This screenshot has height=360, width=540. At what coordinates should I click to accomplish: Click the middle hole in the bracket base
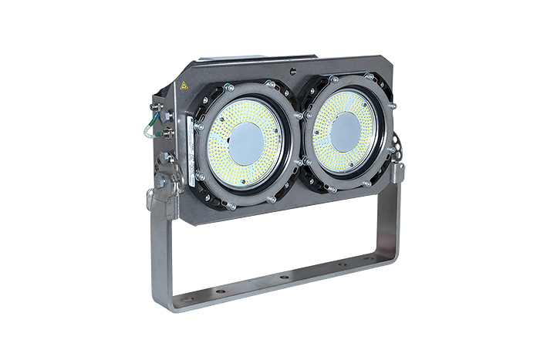pyautogui.click(x=285, y=277)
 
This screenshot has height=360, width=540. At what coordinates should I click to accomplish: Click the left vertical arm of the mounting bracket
pyautogui.click(x=159, y=247)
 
